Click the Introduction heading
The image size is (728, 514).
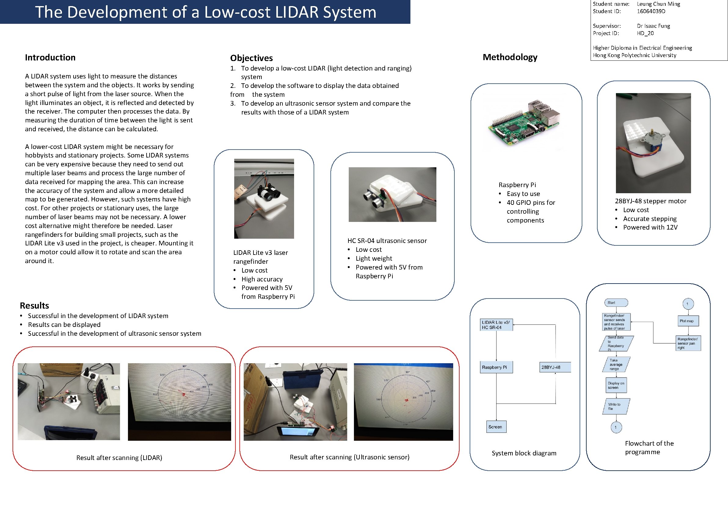[50, 57]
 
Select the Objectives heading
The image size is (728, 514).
[251, 58]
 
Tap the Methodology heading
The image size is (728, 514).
[510, 57]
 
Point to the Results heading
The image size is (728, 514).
[34, 305]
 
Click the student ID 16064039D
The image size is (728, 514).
[651, 11]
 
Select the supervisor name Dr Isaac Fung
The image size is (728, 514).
[653, 26]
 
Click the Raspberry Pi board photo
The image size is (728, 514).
[524, 124]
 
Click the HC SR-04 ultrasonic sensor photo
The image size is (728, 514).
[392, 194]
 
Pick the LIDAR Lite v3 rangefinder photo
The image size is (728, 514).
[264, 198]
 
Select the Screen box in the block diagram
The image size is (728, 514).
[496, 426]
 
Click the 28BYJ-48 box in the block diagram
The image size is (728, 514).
[555, 367]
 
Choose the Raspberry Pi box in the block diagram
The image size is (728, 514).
[496, 367]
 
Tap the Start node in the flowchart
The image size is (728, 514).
[615, 303]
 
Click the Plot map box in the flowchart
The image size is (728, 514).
[688, 321]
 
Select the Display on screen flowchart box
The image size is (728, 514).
[616, 385]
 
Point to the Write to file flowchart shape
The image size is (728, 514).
[615, 406]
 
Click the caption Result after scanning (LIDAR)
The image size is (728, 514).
[119, 457]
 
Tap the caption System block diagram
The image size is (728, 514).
[523, 453]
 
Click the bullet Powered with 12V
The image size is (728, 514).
[650, 227]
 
